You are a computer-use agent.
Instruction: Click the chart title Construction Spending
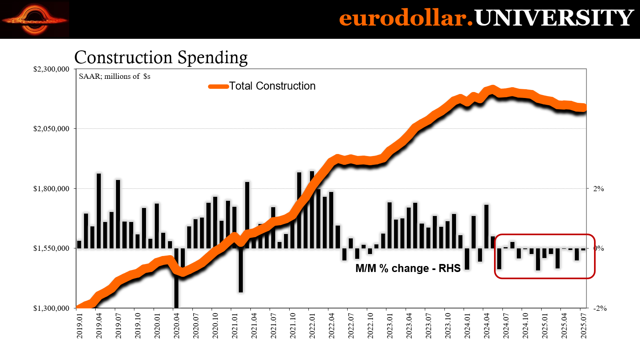pyautogui.click(x=161, y=58)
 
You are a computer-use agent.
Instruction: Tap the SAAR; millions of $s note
pyautogui.click(x=114, y=76)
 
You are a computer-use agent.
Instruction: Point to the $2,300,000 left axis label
pyautogui.click(x=51, y=69)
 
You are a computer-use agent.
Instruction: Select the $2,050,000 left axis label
pyautogui.click(x=51, y=129)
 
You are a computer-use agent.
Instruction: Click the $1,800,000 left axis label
pyautogui.click(x=51, y=188)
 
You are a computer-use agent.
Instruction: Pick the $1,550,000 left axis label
pyautogui.click(x=51, y=248)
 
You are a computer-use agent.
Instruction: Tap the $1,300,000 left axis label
pyautogui.click(x=51, y=308)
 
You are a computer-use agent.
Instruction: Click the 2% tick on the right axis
pyautogui.click(x=598, y=189)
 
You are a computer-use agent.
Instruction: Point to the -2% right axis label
pyautogui.click(x=600, y=308)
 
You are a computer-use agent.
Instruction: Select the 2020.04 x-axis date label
pyautogui.click(x=177, y=326)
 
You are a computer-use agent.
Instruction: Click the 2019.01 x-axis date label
pyautogui.click(x=80, y=326)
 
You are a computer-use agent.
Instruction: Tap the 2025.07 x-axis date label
pyautogui.click(x=584, y=326)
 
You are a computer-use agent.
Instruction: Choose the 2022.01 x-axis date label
pyautogui.click(x=312, y=326)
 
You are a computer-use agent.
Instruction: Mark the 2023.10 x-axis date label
pyautogui.click(x=448, y=326)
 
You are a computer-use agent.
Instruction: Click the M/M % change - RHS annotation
pyautogui.click(x=408, y=268)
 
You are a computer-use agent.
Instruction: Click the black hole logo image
pyautogui.click(x=35, y=20)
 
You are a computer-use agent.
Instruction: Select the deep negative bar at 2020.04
pyautogui.click(x=176, y=280)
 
